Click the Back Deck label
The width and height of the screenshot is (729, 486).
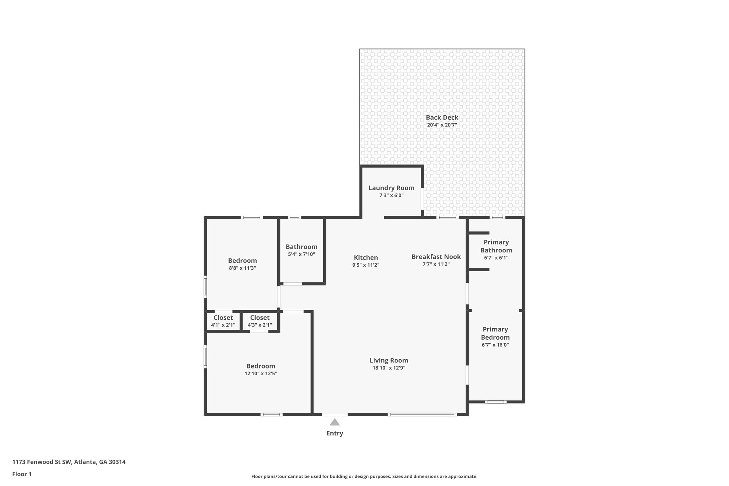point(442,117)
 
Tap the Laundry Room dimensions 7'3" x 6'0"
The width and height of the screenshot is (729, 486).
point(391,195)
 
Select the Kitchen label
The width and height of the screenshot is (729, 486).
point(366,257)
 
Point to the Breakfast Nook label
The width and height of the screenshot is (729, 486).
point(436,257)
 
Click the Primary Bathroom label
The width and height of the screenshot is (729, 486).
point(496,246)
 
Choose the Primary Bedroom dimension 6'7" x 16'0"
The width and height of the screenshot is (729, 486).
point(495,345)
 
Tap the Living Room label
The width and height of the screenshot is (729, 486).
point(389,360)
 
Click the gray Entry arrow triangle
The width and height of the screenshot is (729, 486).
point(334,422)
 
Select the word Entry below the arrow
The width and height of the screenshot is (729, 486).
point(335,433)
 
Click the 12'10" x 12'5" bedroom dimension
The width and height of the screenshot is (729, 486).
point(261,373)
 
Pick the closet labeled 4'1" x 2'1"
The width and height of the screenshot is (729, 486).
point(223,321)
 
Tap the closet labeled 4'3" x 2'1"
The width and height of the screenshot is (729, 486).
point(259,321)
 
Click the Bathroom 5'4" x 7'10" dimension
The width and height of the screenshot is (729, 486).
point(301,254)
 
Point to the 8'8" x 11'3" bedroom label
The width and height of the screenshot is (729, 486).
point(242,264)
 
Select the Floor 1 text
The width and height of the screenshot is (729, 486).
point(22,474)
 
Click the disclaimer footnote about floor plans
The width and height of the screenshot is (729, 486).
point(364,476)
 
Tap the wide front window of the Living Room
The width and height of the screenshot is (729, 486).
point(422,414)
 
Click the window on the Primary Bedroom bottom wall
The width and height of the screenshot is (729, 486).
point(495,402)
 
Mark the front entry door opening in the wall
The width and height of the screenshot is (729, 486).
point(335,414)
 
